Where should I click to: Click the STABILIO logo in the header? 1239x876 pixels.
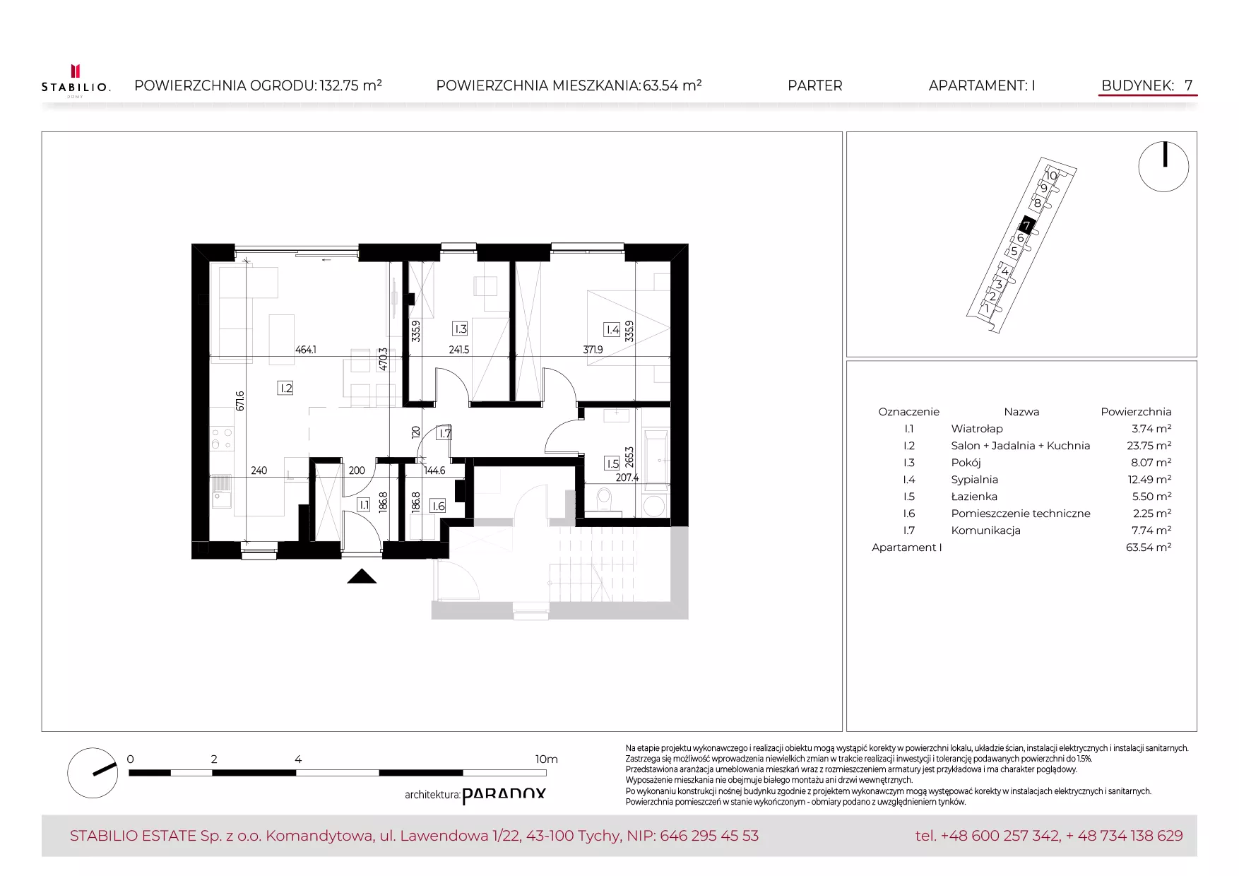[76, 81]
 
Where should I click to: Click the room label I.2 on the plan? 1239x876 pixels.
[285, 388]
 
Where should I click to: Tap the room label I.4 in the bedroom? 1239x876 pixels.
[612, 329]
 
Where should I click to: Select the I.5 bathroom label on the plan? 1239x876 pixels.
[612, 463]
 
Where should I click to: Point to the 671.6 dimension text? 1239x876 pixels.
[240, 401]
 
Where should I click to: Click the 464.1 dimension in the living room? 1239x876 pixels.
[306, 350]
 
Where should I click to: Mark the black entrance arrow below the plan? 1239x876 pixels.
[362, 576]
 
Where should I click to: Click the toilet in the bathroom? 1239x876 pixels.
[604, 498]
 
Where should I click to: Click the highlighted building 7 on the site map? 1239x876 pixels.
[1026, 226]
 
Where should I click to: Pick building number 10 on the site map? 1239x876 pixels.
[1051, 175]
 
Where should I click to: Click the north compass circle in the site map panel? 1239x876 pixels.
[1163, 167]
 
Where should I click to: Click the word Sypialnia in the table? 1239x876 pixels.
[975, 480]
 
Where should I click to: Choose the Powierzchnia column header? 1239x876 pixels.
[1136, 412]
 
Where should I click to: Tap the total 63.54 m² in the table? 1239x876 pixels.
[1149, 547]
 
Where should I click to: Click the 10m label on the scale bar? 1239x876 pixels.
[546, 759]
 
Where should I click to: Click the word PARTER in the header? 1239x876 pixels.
[815, 85]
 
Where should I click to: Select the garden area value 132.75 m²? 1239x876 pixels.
[351, 85]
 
